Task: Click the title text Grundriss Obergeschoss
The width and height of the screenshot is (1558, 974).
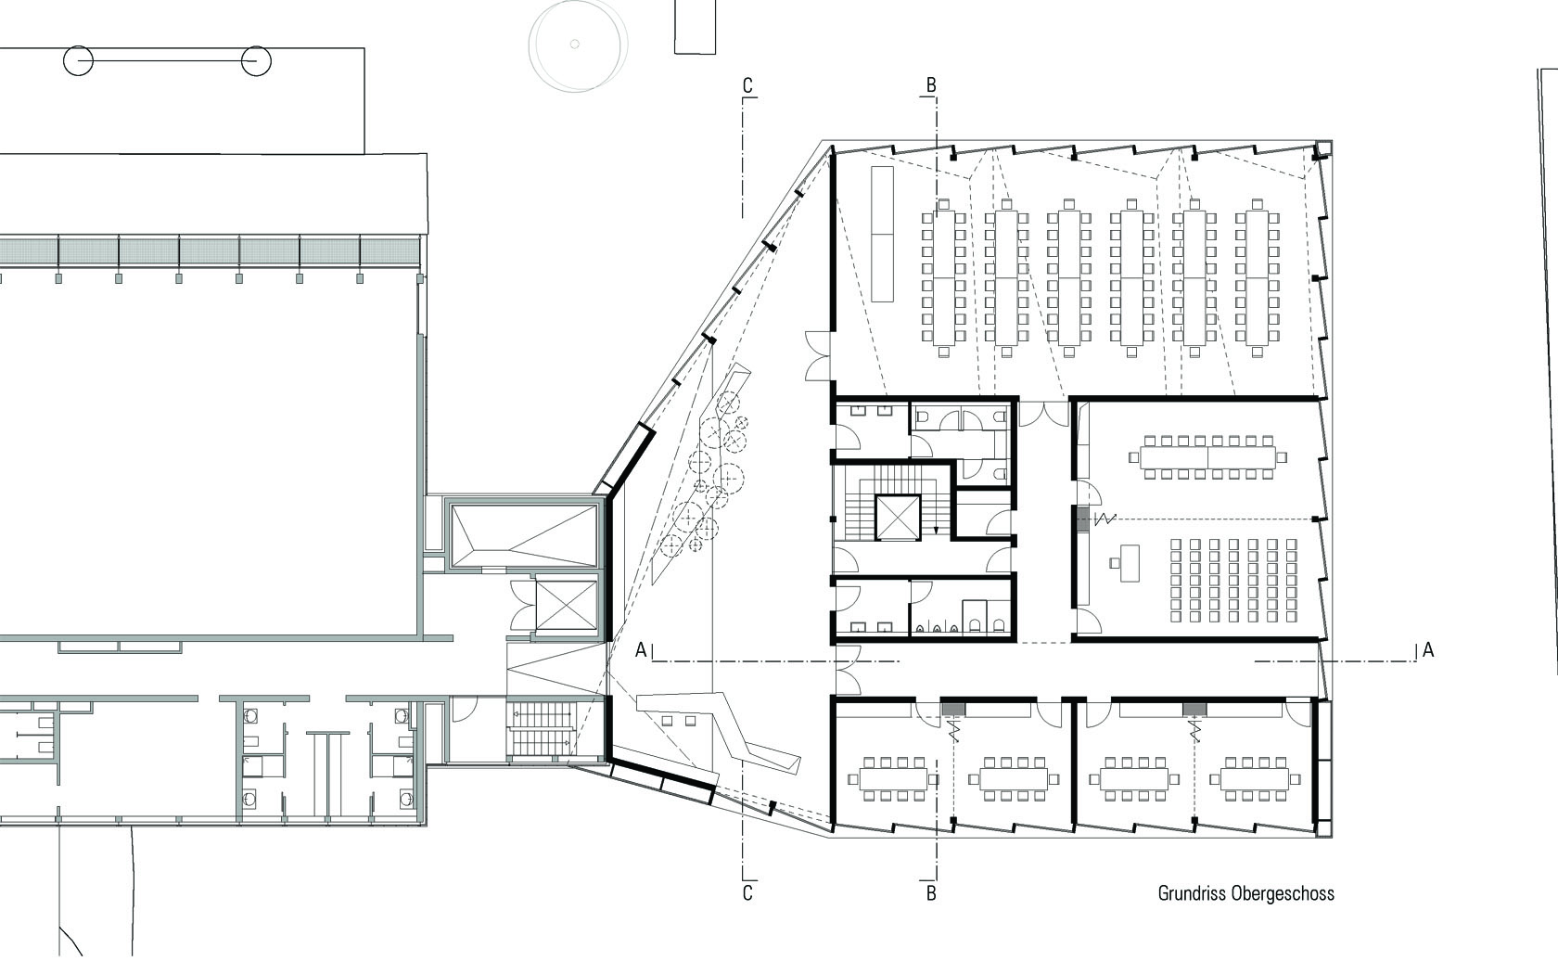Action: [x=1245, y=893]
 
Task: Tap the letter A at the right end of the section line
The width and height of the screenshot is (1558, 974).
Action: [x=1428, y=650]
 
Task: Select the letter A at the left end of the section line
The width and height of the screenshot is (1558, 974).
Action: [x=641, y=650]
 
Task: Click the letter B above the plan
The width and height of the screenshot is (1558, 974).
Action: [x=931, y=85]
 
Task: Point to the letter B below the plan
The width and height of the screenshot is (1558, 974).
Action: [x=931, y=893]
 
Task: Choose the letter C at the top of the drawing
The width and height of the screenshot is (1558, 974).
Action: [x=747, y=85]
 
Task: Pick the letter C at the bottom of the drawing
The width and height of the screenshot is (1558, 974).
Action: [x=747, y=893]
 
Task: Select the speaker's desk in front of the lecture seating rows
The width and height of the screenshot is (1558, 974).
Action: [x=1129, y=562]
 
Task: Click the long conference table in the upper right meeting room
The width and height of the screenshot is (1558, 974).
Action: [x=1207, y=456]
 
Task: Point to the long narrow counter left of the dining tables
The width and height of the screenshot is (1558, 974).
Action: [x=881, y=233]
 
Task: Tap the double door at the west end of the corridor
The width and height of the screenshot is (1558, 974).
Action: [x=845, y=670]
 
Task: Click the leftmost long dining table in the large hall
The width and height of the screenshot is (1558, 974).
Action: [x=943, y=277]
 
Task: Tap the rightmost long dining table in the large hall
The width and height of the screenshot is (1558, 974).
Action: [x=1257, y=277]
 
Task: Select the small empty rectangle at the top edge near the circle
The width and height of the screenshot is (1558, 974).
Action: [x=695, y=26]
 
